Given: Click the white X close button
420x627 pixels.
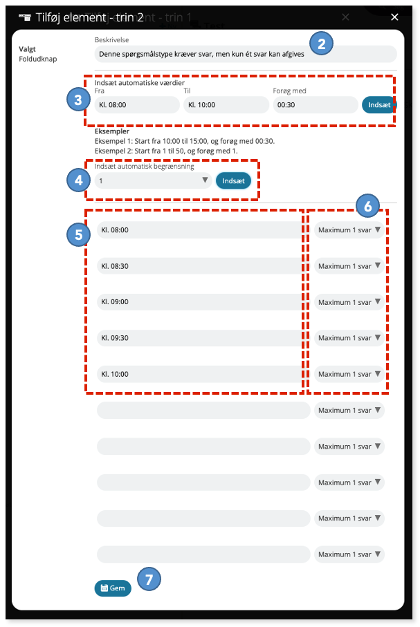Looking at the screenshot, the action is pyautogui.click(x=394, y=17).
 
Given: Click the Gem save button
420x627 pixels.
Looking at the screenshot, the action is pyautogui.click(x=113, y=588).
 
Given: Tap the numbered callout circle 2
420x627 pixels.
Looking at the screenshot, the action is pyautogui.click(x=321, y=43).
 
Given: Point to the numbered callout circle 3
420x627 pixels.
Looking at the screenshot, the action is pyautogui.click(x=78, y=100).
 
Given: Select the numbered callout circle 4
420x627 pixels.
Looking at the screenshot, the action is pyautogui.click(x=78, y=180).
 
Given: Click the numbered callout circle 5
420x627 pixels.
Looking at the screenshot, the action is pyautogui.click(x=78, y=234).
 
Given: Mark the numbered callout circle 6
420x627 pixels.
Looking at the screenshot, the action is pyautogui.click(x=367, y=206).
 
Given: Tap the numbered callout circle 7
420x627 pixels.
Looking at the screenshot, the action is pyautogui.click(x=149, y=579).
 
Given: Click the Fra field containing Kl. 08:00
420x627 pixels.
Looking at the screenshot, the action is pyautogui.click(x=137, y=105).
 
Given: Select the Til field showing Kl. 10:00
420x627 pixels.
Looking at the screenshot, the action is pyautogui.click(x=226, y=105).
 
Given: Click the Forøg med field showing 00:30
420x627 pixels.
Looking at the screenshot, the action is pyautogui.click(x=316, y=105).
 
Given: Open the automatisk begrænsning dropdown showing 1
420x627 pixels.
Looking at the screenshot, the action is pyautogui.click(x=154, y=180).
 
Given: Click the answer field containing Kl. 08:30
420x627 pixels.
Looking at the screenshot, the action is pyautogui.click(x=199, y=266).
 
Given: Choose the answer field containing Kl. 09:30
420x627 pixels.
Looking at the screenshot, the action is pyautogui.click(x=199, y=338).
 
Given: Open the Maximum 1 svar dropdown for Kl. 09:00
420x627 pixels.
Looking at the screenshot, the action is pyautogui.click(x=349, y=302).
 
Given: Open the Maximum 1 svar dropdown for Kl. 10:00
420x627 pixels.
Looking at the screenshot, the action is pyautogui.click(x=349, y=374).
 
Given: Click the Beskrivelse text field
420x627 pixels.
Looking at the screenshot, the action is pyautogui.click(x=246, y=54).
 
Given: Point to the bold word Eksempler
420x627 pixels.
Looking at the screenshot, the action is pyautogui.click(x=112, y=131).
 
